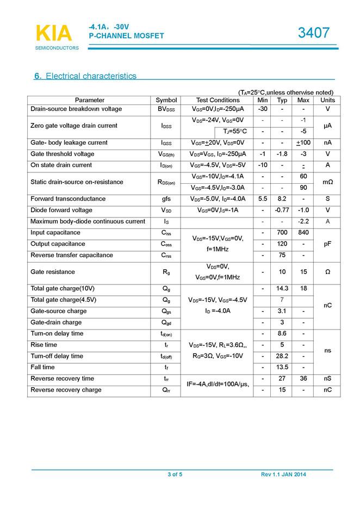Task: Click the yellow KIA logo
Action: (53, 34)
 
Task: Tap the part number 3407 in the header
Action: (314, 33)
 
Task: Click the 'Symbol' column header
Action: (166, 100)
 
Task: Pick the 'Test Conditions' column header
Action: (218, 100)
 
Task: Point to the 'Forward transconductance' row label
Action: (68, 199)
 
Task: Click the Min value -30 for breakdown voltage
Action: (263, 109)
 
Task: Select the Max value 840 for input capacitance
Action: (303, 233)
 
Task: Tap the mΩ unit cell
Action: (327, 182)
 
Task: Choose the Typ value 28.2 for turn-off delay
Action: (282, 356)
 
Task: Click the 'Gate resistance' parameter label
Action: (53, 272)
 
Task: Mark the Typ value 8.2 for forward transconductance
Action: (282, 199)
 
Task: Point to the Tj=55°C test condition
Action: (234, 132)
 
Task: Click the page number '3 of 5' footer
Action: (175, 475)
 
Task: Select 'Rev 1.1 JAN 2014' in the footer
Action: (283, 475)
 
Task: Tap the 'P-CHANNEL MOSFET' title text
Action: (126, 36)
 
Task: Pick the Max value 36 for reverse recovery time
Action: (303, 378)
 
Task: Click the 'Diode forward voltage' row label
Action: (61, 210)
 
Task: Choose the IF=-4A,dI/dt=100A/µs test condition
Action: (218, 384)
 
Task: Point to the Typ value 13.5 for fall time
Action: (282, 368)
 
